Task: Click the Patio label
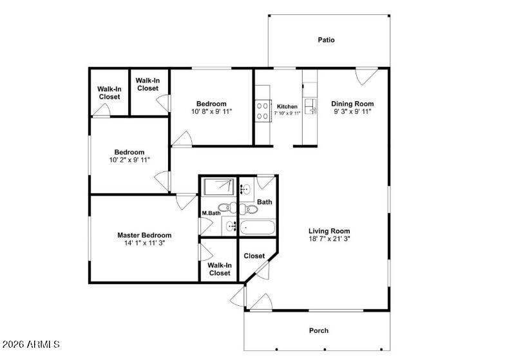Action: [326, 40]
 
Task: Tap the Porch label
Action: [318, 331]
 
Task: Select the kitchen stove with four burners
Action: [263, 110]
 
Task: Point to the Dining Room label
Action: [352, 104]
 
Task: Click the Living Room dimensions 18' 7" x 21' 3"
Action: [329, 239]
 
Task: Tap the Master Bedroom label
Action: [144, 235]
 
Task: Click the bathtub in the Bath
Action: [257, 227]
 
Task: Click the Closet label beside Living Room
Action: [254, 256]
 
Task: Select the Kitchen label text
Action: [287, 106]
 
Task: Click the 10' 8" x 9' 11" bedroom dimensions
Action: [211, 111]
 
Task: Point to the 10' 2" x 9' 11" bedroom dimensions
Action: [129, 160]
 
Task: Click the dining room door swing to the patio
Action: [365, 77]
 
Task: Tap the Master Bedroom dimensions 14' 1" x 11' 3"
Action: [144, 243]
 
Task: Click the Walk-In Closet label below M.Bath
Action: [219, 269]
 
